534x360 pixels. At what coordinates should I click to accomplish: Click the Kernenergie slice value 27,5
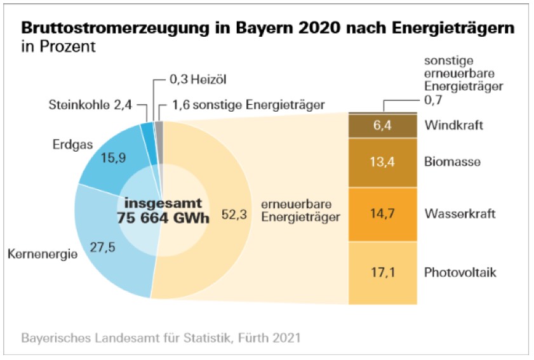(102, 247)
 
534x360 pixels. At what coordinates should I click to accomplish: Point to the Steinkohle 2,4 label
(90, 105)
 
